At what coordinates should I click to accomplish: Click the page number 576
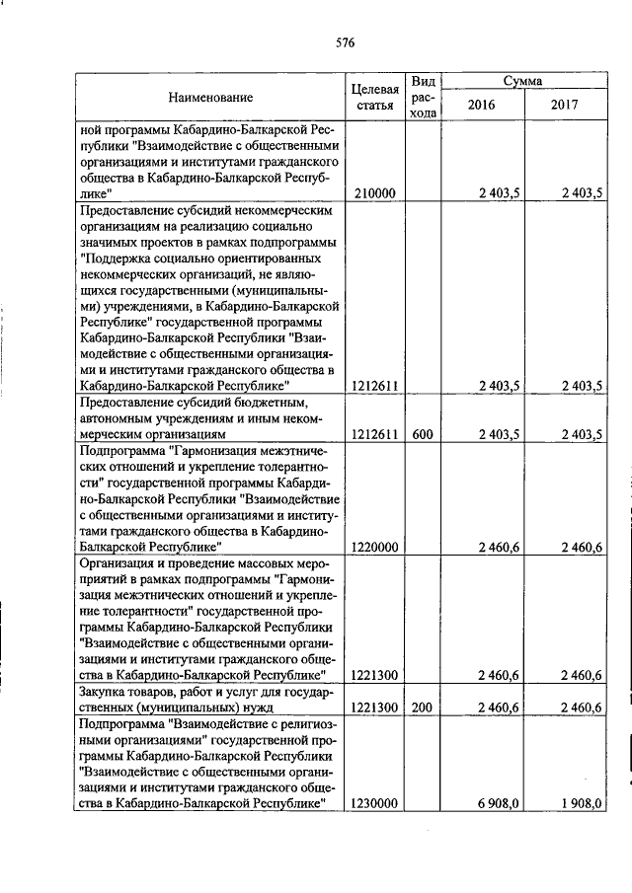pos(345,42)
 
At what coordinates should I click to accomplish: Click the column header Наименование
pos(210,97)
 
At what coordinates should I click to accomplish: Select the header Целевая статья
pos(374,97)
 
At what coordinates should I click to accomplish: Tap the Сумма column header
pos(522,81)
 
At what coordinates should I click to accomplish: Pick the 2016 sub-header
pos(481,105)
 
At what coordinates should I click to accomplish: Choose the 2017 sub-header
pos(564,105)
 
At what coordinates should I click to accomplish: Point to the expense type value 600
pos(423,433)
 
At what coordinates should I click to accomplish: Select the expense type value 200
pos(423,707)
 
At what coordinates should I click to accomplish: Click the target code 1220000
pos(374,547)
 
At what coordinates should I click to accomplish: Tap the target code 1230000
pos(374,804)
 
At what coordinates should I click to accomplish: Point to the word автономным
pos(116,418)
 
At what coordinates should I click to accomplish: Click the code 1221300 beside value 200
pos(374,707)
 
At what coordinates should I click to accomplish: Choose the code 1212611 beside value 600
pos(374,433)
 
